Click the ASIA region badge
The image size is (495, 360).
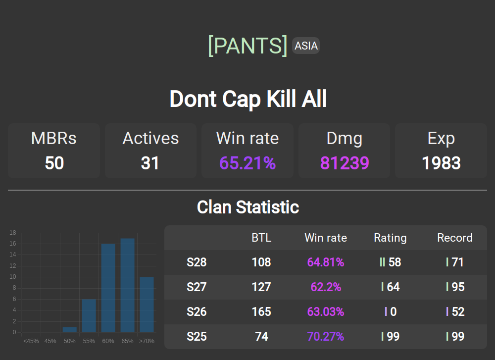[306, 46]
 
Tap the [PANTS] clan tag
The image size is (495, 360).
[247, 46]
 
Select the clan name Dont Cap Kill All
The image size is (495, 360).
[248, 99]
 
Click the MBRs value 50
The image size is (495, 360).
[54, 163]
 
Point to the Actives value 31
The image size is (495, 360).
[150, 163]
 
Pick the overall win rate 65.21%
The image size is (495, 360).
[247, 163]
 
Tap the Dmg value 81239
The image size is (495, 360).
[345, 163]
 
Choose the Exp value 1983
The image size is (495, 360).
[441, 163]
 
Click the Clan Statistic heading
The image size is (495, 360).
[248, 207]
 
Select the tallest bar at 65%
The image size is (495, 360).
[128, 285]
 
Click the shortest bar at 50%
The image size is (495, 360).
[70, 329]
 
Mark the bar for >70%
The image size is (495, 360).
[147, 305]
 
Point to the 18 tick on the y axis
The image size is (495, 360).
[13, 233]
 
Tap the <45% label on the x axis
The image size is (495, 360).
[31, 341]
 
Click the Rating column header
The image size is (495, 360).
[390, 238]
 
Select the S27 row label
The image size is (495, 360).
[197, 287]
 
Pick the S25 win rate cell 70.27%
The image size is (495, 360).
[326, 337]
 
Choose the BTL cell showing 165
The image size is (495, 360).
[261, 312]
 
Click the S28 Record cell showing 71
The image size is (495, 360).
[455, 262]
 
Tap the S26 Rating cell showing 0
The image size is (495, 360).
[391, 312]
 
